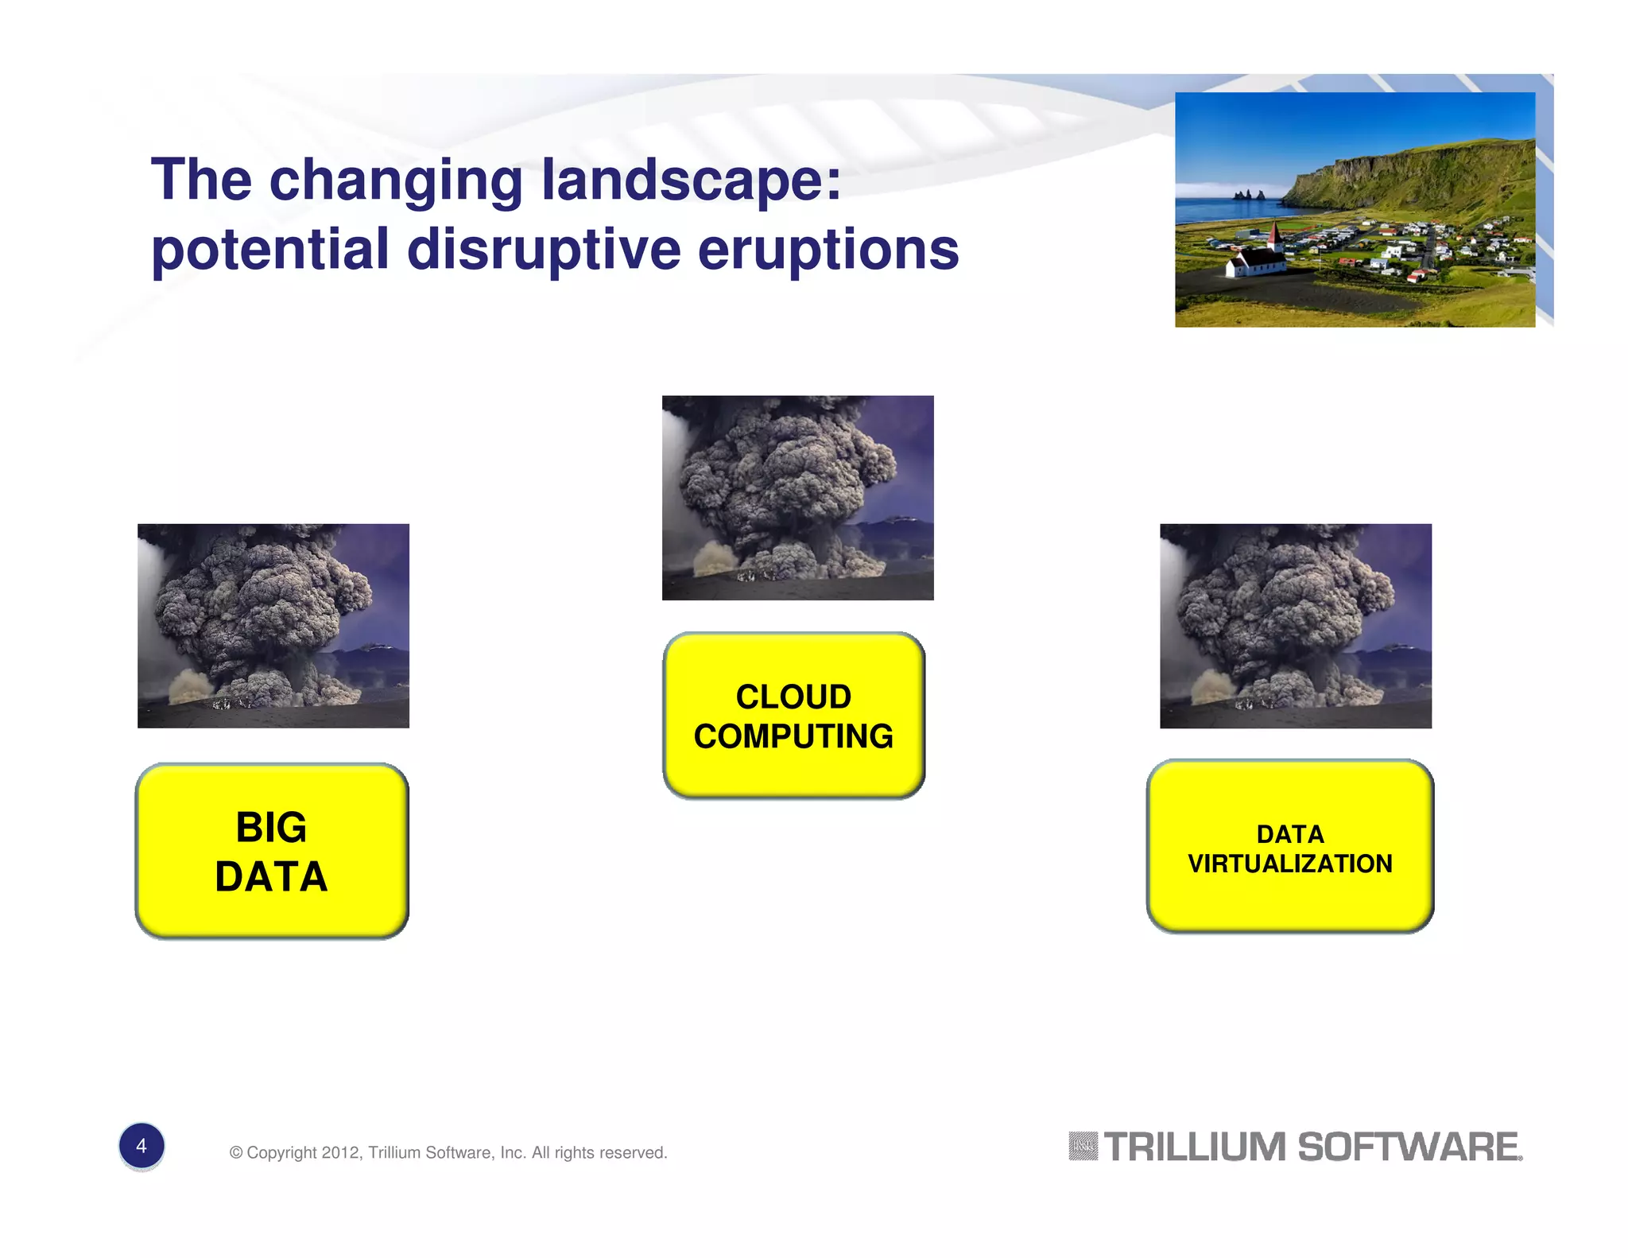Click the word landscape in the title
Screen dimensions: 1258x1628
690,181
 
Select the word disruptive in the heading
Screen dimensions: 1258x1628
544,250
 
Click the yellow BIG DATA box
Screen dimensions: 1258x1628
272,851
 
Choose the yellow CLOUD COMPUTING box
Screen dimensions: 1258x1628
793,716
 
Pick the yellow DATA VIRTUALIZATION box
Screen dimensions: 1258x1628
1289,847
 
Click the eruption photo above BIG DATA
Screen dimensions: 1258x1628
273,625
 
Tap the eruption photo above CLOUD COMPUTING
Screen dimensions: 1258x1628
797,497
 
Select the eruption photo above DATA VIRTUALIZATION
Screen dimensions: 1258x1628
1295,625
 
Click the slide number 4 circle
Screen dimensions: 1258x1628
141,1146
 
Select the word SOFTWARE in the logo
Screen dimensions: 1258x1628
1408,1147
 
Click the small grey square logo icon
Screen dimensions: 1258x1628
1083,1147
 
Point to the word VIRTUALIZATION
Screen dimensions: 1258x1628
1289,864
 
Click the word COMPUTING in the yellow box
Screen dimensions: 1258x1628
793,736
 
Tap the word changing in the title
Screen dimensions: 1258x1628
396,181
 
